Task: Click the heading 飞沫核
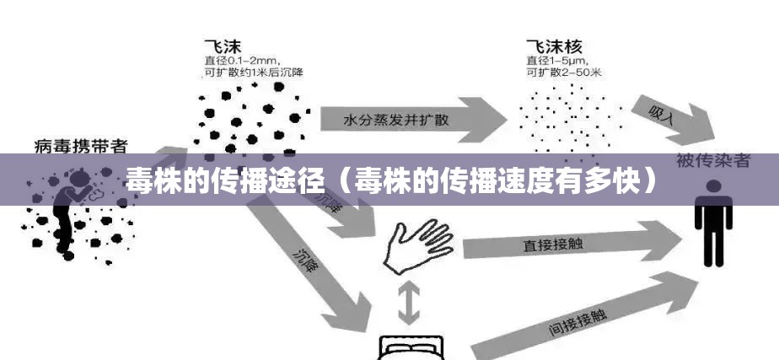point(553,44)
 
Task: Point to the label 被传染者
point(712,160)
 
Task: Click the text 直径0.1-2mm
point(243,60)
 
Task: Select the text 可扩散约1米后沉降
point(254,73)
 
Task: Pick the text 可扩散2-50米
point(563,73)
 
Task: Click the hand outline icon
point(416,245)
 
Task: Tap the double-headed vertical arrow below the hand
point(409,304)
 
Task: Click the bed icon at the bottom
point(412,347)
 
